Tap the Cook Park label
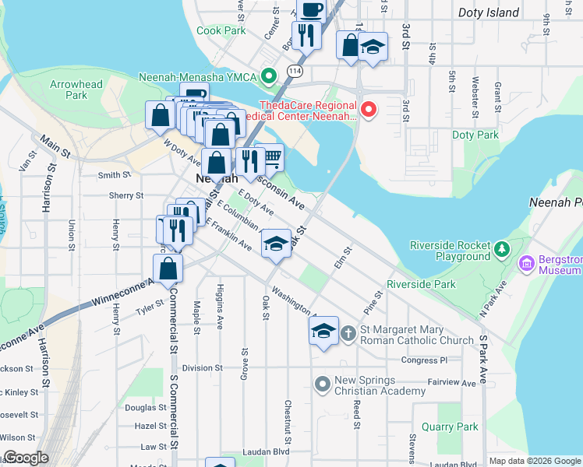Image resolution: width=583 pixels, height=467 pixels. pos(221,30)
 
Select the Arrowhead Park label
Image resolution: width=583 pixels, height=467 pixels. pos(76,90)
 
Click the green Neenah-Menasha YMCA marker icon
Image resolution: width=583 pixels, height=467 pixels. pos(269,76)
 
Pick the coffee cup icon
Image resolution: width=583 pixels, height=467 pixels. pos(311,10)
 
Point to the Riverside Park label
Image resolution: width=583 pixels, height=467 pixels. pos(421,284)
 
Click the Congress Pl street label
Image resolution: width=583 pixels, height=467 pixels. pos(424,360)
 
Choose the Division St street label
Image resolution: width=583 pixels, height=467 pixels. pos(203,367)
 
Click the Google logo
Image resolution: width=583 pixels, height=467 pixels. pos(26,458)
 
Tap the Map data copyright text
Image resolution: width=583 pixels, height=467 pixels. pos(535,461)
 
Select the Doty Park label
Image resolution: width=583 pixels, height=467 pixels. pos(475,135)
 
